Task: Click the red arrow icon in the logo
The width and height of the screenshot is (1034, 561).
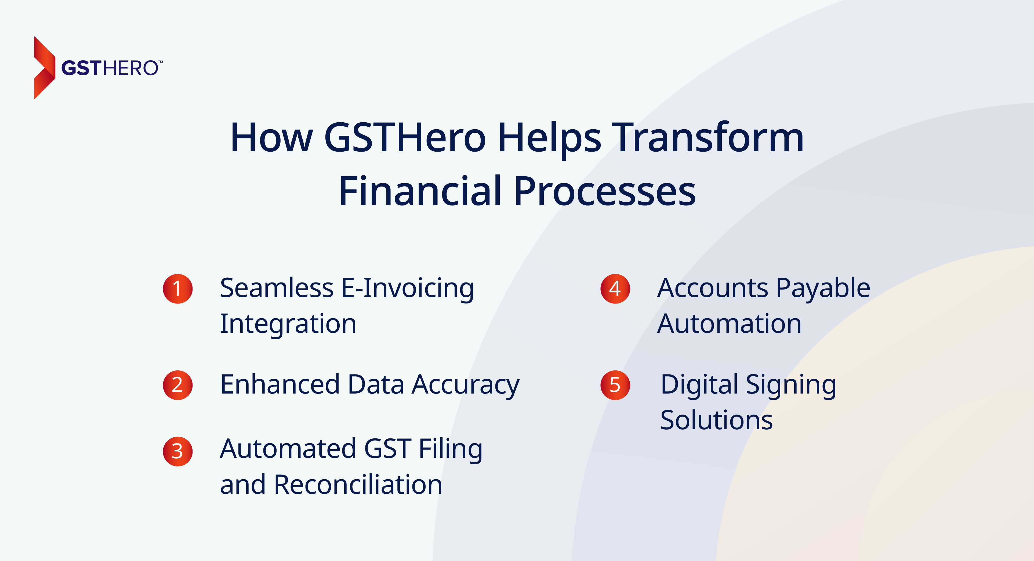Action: pyautogui.click(x=44, y=67)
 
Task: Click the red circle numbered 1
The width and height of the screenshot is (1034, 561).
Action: pyautogui.click(x=177, y=288)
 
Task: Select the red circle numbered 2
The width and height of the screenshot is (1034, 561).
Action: pyautogui.click(x=177, y=385)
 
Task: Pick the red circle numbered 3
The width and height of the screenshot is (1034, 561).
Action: pyautogui.click(x=177, y=451)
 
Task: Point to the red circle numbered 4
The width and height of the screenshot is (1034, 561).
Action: pyautogui.click(x=615, y=288)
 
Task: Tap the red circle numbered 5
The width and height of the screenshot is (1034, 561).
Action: pyautogui.click(x=615, y=385)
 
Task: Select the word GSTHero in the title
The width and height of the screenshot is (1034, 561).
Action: pyautogui.click(x=405, y=138)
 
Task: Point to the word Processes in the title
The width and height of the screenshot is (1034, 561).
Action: pyautogui.click(x=604, y=192)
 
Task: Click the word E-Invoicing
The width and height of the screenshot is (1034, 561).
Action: pyautogui.click(x=407, y=288)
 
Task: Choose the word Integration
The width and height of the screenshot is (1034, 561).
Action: pyautogui.click(x=288, y=324)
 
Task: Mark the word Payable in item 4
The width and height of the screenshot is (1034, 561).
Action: pyautogui.click(x=823, y=288)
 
